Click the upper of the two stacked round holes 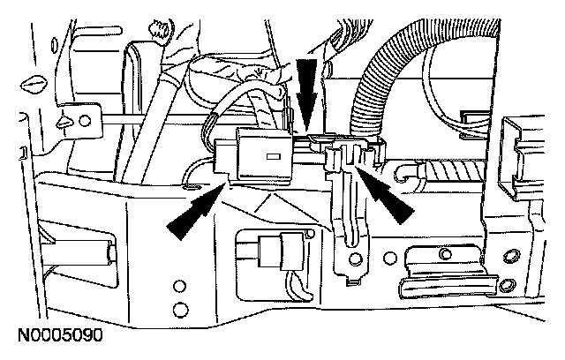point(180,287)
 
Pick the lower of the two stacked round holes point(180,309)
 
